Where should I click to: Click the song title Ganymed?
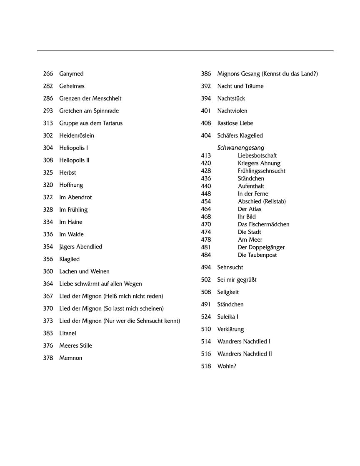coord(71,74)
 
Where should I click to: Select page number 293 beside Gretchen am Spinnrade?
coord(48,111)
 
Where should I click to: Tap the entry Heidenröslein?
coord(77,135)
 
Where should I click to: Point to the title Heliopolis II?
coord(74,160)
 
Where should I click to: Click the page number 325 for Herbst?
coord(48,173)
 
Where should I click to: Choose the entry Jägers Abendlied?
coord(80,247)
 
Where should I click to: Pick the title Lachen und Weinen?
coord(84,271)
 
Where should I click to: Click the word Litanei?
coord(67,333)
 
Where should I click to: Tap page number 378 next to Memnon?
coord(48,358)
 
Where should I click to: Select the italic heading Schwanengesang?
coord(240,148)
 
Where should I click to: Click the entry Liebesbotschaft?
coord(257,155)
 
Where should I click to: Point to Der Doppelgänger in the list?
coord(261,247)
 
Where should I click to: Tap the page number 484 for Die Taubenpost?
coord(206,255)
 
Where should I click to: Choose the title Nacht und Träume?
coord(240,86)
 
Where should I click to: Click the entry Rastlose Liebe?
coord(235,123)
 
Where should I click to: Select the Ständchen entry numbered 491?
coord(230,304)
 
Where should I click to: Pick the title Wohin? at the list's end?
coord(227,366)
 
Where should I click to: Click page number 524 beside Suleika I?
coord(206,317)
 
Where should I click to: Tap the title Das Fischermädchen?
coord(263,224)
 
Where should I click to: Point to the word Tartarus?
coord(111,123)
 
